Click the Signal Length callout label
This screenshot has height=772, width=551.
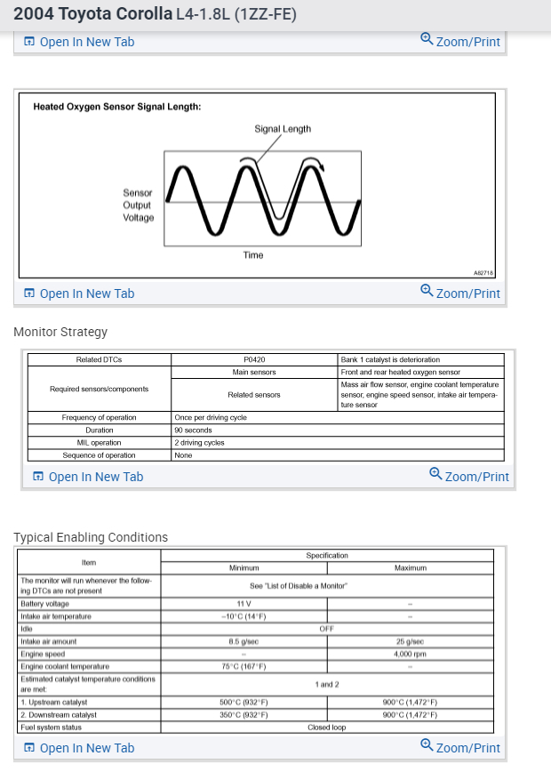283,129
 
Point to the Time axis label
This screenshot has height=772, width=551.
253,255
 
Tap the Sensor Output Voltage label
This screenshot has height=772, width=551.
138,205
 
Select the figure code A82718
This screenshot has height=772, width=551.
484,273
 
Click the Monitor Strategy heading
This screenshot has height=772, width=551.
60,332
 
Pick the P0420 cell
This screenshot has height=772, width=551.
254,360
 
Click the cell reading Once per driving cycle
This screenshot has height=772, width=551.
211,418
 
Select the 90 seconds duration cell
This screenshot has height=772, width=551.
193,430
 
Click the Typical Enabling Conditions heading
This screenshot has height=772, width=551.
91,537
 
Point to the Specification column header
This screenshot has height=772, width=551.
327,556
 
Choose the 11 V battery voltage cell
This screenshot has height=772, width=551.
244,604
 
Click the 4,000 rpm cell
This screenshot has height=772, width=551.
410,654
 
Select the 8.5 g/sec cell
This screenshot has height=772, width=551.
244,641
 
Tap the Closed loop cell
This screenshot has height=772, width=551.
326,728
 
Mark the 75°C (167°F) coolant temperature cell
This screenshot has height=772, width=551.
244,666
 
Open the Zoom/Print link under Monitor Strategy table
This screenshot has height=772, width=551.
469,476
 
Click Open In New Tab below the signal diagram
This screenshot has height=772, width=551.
79,294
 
